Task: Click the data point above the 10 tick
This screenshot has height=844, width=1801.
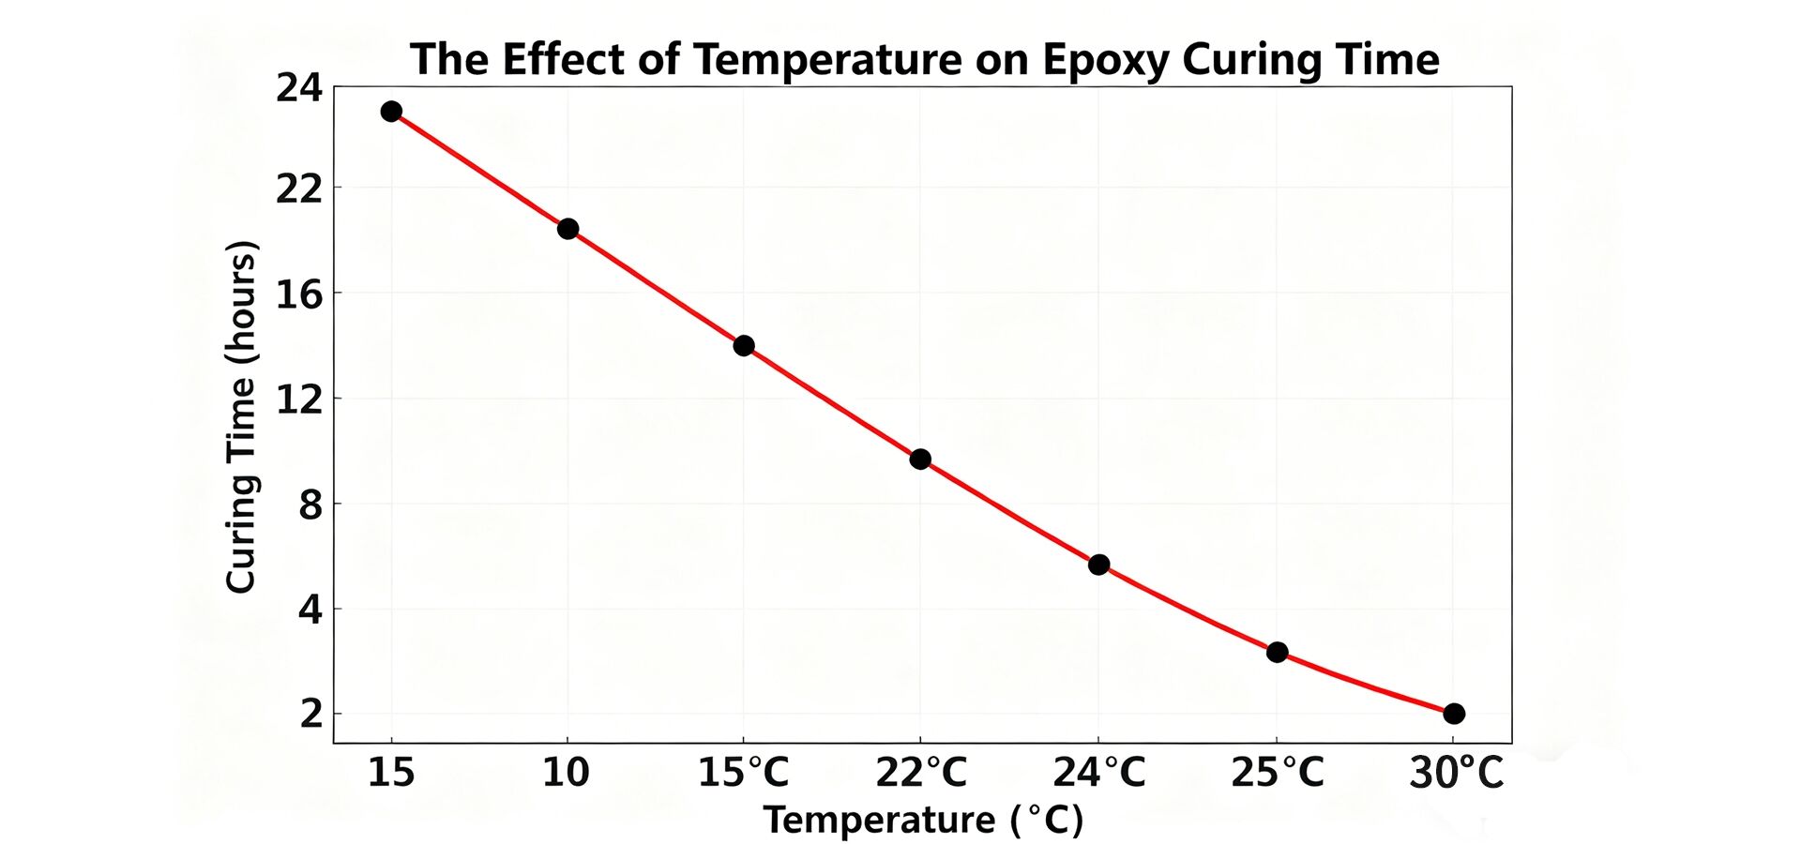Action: [x=568, y=229]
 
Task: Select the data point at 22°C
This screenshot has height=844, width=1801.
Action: [x=920, y=459]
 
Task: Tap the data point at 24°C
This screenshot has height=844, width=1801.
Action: [x=1098, y=565]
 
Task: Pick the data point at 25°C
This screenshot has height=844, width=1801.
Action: [x=1277, y=652]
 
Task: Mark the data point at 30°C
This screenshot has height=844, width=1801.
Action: [x=1454, y=714]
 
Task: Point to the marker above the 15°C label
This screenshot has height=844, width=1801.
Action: [x=744, y=345]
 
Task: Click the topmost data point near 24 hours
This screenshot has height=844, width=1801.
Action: [x=391, y=112]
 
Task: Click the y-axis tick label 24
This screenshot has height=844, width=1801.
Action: [x=298, y=88]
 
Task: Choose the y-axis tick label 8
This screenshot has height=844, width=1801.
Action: [x=310, y=505]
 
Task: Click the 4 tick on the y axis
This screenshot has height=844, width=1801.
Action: [x=310, y=610]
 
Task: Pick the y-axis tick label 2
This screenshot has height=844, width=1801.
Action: [x=310, y=715]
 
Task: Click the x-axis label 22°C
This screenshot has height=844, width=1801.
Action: [x=921, y=773]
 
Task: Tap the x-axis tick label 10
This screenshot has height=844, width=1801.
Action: [x=566, y=773]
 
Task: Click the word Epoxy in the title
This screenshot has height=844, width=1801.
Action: [x=1105, y=60]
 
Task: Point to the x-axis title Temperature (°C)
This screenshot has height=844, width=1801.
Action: [x=923, y=820]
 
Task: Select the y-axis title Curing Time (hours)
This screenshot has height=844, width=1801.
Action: [x=241, y=417]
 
